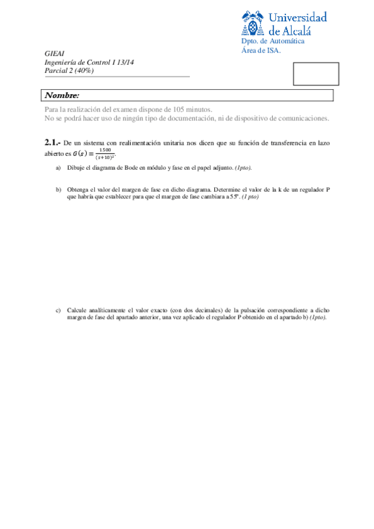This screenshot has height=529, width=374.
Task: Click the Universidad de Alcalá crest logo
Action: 252,24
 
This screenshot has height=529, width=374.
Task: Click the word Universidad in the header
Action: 298,16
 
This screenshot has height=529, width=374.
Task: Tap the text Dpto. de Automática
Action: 273,41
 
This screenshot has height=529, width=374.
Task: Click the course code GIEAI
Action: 54,54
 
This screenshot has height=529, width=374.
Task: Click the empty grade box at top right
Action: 316,74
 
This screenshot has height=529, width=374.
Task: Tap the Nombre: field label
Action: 62,95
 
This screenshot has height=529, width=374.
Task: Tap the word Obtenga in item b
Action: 78,189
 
